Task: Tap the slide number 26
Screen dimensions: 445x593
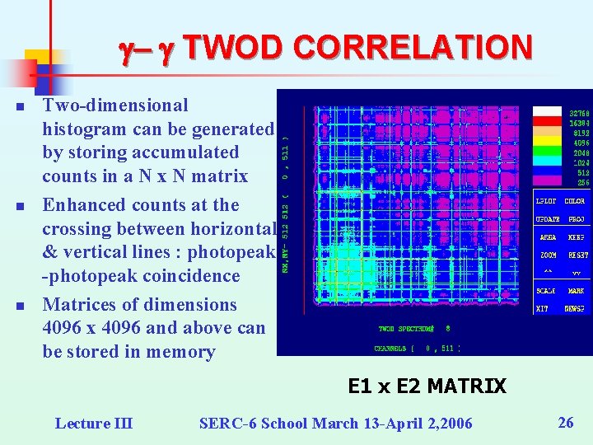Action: (566, 423)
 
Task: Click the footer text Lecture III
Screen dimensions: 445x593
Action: (93, 424)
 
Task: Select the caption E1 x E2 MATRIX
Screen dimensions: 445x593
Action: (427, 386)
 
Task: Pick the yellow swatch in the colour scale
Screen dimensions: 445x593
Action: (547, 142)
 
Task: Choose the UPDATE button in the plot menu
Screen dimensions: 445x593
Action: (549, 219)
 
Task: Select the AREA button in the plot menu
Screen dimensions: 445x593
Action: (549, 237)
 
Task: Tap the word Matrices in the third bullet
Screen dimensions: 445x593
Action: (76, 304)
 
